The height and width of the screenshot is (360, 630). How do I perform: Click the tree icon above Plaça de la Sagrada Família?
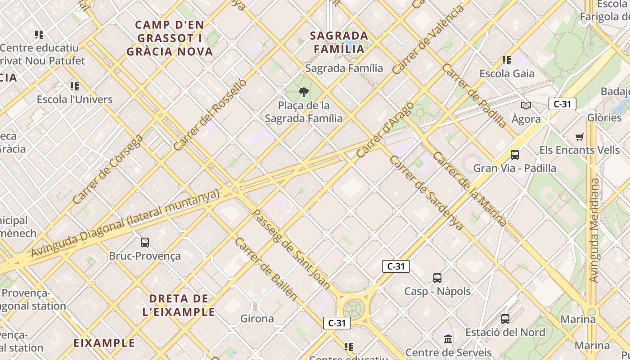[x=304, y=92]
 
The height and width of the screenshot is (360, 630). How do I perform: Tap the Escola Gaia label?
[x=507, y=73]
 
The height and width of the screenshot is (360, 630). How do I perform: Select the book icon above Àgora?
[x=526, y=106]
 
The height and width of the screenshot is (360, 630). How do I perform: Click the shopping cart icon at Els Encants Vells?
[x=580, y=137]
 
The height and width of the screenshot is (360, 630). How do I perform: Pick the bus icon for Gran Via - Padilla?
[x=515, y=155]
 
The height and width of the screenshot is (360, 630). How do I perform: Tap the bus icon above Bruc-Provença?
[x=145, y=243]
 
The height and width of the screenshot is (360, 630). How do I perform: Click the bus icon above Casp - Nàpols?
[x=437, y=278]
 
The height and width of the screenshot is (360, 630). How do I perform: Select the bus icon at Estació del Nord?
[x=505, y=319]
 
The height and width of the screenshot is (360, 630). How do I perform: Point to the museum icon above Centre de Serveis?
[x=448, y=339]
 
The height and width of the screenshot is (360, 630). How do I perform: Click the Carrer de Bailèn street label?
[x=266, y=269]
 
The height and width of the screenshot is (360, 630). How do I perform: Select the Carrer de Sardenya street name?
[x=426, y=191]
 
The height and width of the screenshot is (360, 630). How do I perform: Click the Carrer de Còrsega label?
[x=108, y=169]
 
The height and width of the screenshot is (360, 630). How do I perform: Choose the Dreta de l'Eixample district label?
[x=179, y=305]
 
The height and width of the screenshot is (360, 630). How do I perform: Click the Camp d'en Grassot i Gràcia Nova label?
[x=170, y=38]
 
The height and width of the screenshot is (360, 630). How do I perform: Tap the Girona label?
[x=257, y=319]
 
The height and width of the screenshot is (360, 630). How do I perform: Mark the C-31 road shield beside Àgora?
[x=562, y=104]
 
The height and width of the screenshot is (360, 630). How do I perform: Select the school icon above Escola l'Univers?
[x=75, y=86]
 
